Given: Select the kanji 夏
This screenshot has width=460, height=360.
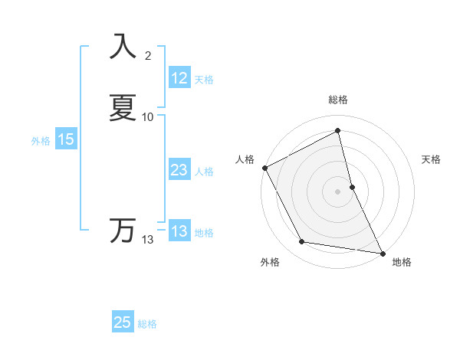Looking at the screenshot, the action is [123, 108].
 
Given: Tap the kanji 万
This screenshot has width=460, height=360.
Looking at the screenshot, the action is [123, 231].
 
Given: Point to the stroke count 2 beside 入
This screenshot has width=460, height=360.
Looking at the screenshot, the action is [148, 55].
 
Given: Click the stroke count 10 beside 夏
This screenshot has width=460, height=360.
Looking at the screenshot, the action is [148, 117].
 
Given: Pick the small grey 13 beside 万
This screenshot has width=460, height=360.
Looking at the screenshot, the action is [148, 240].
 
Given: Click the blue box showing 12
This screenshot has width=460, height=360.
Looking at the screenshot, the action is [179, 78].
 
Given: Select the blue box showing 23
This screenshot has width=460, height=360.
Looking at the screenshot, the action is [179, 170].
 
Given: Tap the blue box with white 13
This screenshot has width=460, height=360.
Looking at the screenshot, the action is [179, 231].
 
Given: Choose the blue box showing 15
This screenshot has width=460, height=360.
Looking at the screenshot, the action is [66, 139].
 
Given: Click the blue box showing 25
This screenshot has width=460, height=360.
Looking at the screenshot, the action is [123, 322].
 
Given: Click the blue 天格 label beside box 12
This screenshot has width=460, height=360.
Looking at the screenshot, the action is [204, 80].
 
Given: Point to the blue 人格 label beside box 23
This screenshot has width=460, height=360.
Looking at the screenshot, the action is [204, 172].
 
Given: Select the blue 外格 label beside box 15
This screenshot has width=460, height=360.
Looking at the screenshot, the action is [40, 141].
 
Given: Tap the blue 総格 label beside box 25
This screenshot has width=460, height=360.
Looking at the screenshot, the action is [147, 324].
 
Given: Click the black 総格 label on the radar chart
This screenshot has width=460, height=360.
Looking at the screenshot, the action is [338, 100].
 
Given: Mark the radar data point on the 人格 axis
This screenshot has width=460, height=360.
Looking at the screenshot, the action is [264, 168].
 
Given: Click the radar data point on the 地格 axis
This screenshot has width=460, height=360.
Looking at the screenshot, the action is [383, 253].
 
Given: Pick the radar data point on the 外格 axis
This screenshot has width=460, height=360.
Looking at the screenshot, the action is [302, 243].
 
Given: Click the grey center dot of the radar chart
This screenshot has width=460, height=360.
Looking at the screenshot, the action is [338, 191].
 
